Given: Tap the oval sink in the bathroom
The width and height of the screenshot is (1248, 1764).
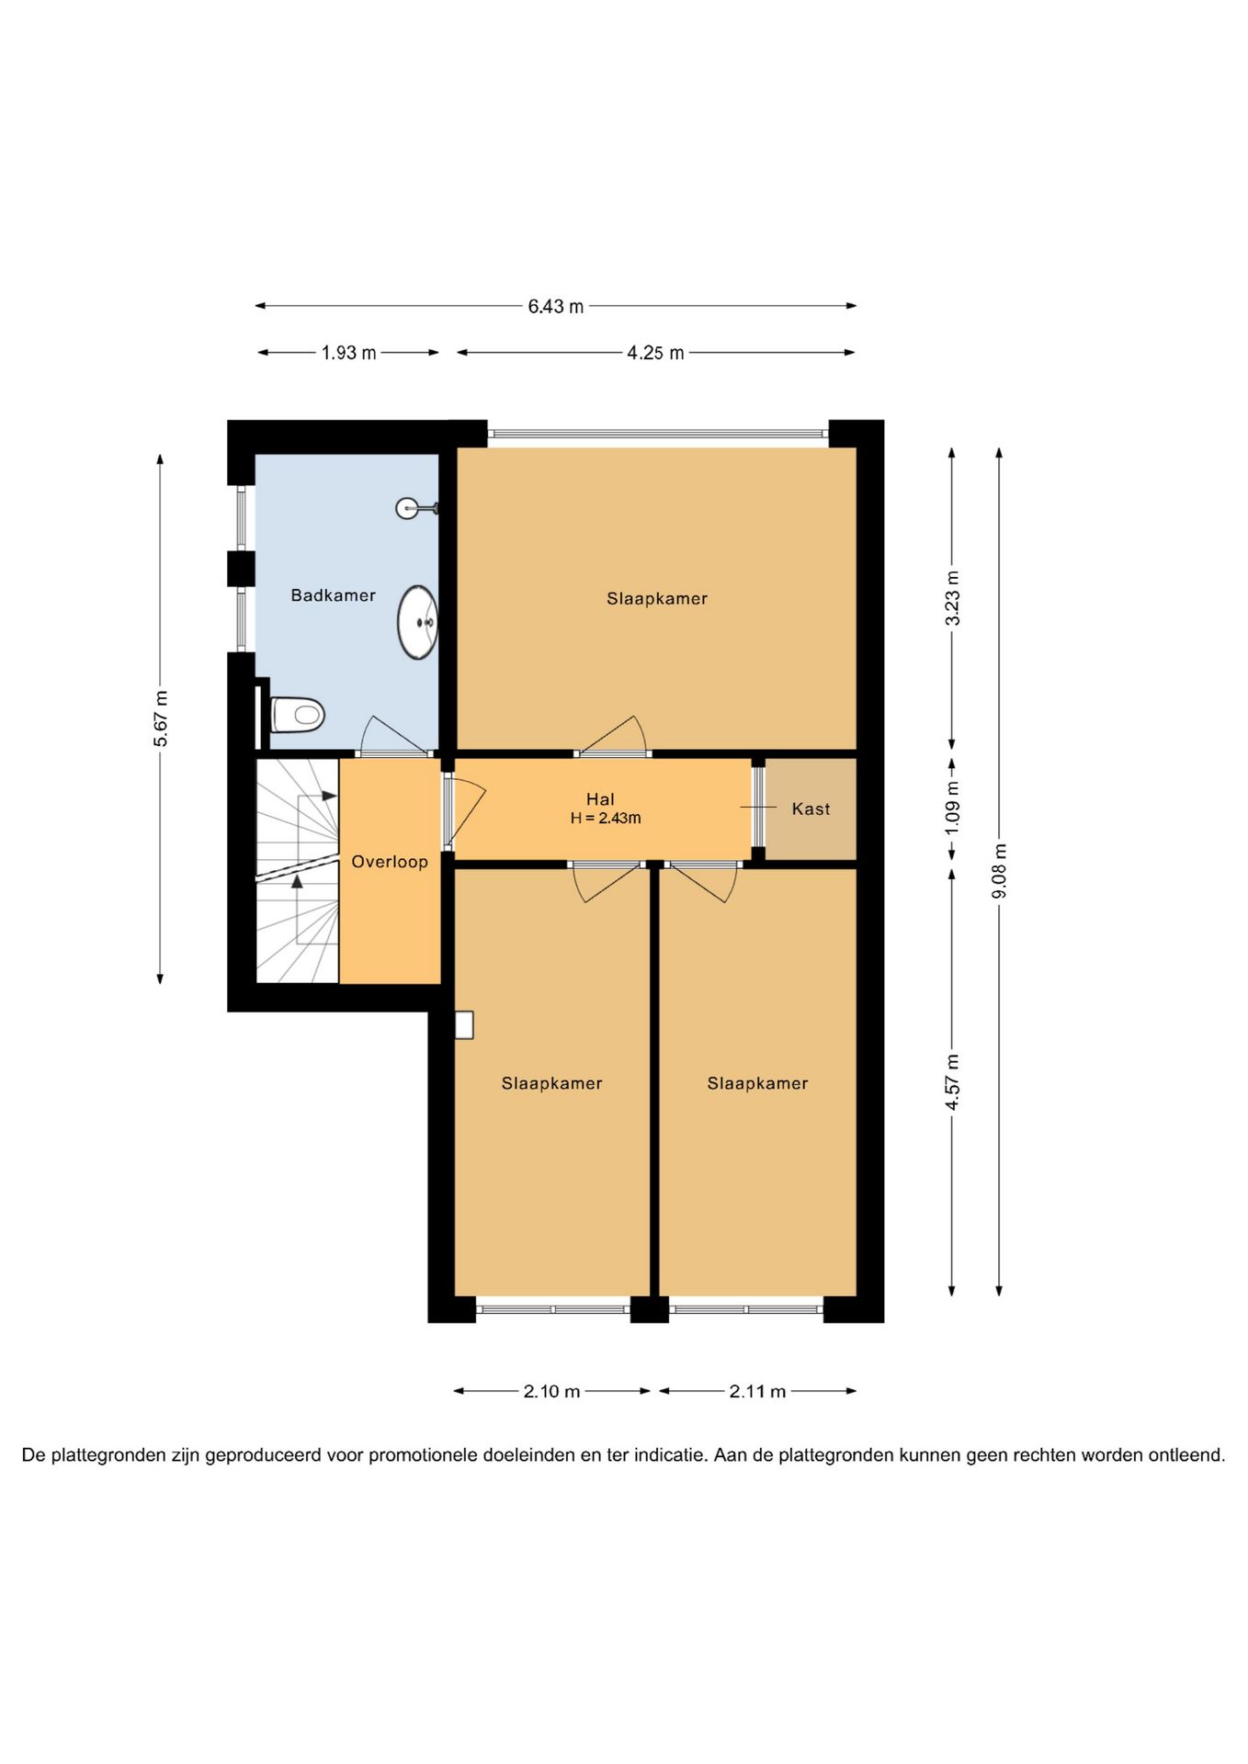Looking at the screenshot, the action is [x=417, y=622].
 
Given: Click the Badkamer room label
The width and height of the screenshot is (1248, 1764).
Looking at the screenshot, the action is [x=333, y=595].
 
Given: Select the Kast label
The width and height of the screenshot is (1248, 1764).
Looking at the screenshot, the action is [x=811, y=808].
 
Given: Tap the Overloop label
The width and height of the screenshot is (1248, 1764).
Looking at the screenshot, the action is [x=390, y=862].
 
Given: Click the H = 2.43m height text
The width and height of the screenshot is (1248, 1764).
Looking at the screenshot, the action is [x=606, y=818].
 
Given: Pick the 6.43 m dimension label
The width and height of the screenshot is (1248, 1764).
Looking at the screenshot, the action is [x=555, y=306].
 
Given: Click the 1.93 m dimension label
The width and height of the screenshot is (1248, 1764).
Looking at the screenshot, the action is [x=348, y=353].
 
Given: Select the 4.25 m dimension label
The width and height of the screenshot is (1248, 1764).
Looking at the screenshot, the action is [x=655, y=353].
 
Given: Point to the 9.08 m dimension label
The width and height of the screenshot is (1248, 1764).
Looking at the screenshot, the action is [x=1000, y=871].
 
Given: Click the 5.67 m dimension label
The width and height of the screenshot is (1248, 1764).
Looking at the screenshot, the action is [x=161, y=718].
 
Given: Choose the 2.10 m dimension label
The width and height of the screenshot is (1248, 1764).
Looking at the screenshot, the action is [x=552, y=1391].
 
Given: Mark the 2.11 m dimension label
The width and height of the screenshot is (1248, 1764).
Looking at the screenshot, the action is [x=757, y=1391].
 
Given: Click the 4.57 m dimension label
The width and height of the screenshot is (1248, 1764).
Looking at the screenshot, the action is [x=952, y=1082].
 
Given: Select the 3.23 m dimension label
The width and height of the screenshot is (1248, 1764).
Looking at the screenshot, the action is [x=952, y=598].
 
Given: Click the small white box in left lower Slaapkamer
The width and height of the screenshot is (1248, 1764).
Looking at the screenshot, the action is [x=464, y=1024].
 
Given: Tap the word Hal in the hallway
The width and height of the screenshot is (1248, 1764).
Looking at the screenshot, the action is [x=600, y=799].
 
